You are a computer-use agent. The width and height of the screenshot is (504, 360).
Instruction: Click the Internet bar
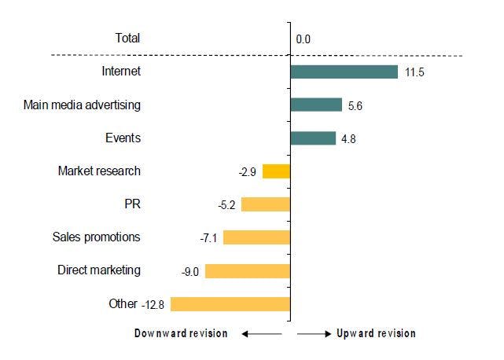click(x=344, y=72)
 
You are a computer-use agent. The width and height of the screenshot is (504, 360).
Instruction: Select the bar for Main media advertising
click(x=316, y=105)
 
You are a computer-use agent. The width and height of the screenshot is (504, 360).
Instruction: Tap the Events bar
click(x=313, y=138)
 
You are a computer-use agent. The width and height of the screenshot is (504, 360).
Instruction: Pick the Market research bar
click(x=276, y=171)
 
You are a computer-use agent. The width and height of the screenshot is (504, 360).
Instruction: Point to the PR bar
click(x=266, y=204)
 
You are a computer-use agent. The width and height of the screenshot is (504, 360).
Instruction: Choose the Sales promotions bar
click(x=256, y=237)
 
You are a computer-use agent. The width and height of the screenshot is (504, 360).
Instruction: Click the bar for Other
click(x=230, y=304)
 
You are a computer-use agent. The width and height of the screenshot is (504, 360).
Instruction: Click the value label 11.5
click(x=415, y=72)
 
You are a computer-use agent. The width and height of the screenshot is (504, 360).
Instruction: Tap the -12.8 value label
click(x=154, y=304)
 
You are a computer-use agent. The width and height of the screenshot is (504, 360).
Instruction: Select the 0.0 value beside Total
click(x=304, y=39)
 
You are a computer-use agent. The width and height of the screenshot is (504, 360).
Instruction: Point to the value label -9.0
click(x=190, y=271)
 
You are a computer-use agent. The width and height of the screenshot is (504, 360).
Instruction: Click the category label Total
click(x=127, y=38)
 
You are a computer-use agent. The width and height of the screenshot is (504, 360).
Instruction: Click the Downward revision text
click(x=182, y=333)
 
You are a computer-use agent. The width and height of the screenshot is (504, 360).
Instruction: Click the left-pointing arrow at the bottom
click(x=261, y=334)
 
